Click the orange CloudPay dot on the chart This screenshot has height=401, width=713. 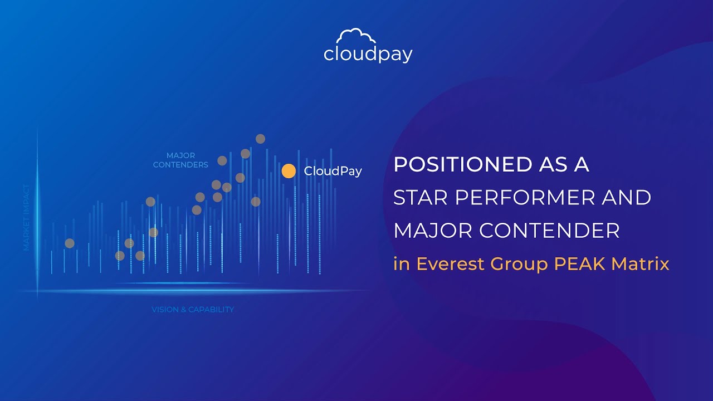coord(289,171)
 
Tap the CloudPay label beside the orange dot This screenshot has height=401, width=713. coord(333,171)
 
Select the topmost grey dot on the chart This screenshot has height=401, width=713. coord(260,139)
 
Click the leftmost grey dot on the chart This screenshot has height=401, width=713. coord(70,243)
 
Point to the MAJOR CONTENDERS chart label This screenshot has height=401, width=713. coord(180,160)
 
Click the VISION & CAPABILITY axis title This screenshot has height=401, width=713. coord(193,309)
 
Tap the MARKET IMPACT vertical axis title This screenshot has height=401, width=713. coord(26,217)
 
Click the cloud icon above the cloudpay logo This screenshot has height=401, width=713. coord(357,38)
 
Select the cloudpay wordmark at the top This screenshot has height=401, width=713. coord(368,55)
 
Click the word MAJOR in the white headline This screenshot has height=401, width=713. coord(433,230)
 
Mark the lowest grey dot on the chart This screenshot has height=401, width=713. coord(120,256)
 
